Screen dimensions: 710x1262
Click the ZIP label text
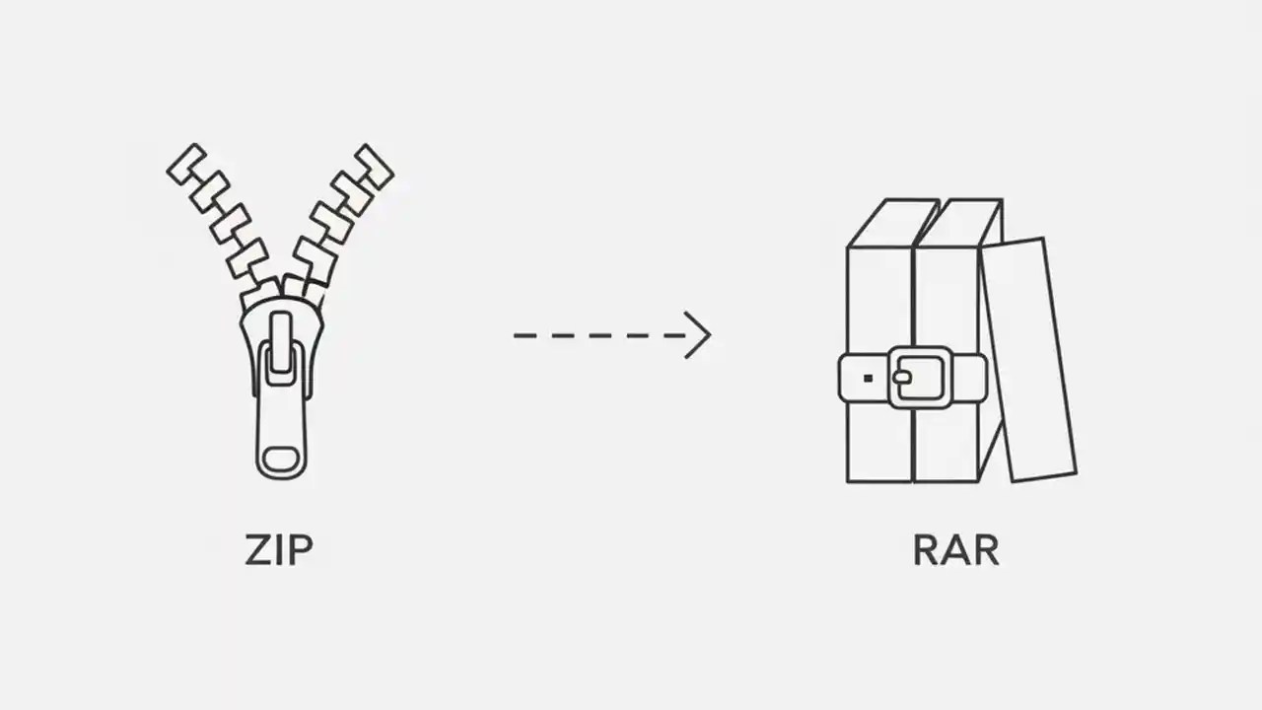coord(279,550)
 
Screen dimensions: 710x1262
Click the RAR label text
coord(955,550)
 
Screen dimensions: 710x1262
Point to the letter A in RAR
coord(955,550)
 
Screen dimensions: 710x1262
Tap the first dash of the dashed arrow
coord(524,335)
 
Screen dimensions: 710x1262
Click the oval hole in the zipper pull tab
coord(281,460)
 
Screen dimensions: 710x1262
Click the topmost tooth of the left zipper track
coord(186,163)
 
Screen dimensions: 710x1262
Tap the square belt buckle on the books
coord(919,377)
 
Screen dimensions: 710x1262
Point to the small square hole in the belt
coord(868,378)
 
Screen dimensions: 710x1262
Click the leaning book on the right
coord(1027,360)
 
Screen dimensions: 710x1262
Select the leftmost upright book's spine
coord(879,296)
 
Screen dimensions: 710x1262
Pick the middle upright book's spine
coord(946,296)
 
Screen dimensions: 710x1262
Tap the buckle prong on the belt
coord(903,377)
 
